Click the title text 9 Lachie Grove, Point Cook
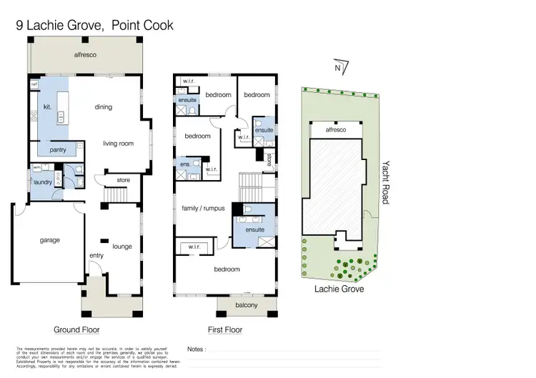95,26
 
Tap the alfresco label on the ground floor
86,54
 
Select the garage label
49,240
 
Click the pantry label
58,150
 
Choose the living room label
118,144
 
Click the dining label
104,107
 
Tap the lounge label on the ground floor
122,247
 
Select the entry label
96,255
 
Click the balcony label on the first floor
247,306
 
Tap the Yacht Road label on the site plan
384,181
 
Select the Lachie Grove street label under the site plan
339,289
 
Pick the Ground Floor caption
76,330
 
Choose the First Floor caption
224,330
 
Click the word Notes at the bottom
195,350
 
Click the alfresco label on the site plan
335,130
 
